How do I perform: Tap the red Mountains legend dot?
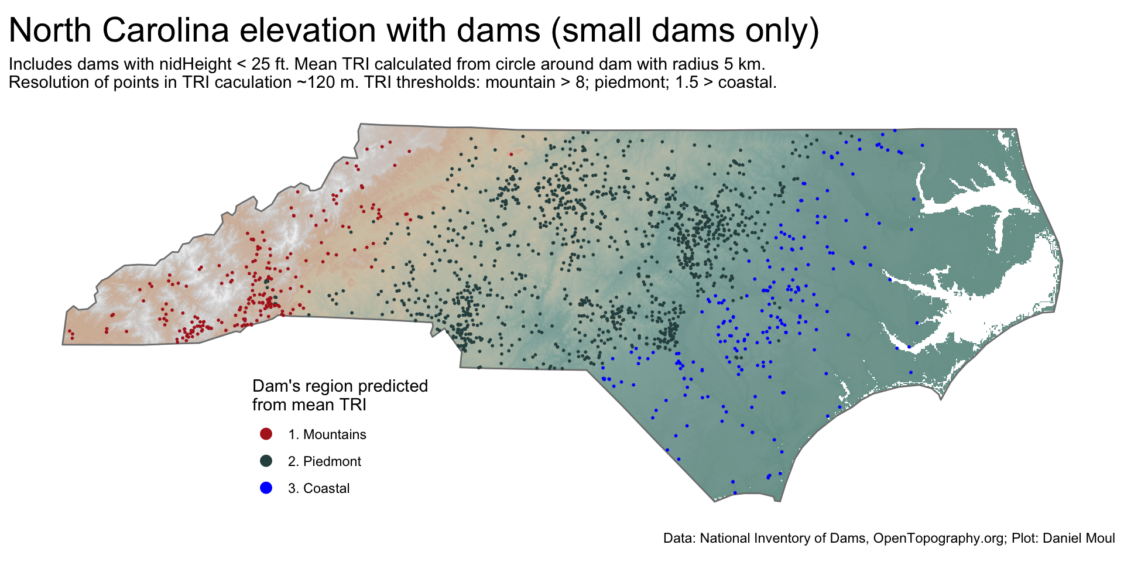[266, 434]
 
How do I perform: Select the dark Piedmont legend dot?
[266, 461]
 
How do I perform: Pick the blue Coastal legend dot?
[266, 488]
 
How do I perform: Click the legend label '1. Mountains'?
[327, 434]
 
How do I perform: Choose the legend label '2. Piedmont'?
[324, 461]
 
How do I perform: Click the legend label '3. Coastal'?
[318, 488]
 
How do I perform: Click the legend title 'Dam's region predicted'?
[340, 386]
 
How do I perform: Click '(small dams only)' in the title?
[684, 30]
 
